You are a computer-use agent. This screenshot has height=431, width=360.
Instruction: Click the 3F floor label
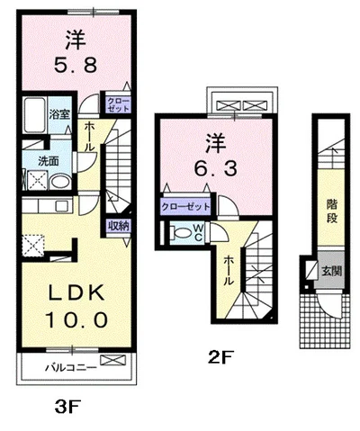(x=68, y=407)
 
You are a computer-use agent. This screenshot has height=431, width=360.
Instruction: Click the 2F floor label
(x=220, y=357)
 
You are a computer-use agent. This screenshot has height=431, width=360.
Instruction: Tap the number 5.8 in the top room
(x=76, y=65)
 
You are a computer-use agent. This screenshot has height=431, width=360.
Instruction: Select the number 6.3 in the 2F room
(x=216, y=168)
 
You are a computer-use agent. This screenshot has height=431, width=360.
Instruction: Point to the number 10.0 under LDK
(x=76, y=319)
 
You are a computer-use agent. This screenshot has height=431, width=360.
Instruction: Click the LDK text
(x=76, y=292)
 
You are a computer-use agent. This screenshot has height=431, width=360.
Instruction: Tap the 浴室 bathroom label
(x=59, y=114)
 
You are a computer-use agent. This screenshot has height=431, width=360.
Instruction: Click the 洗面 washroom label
(x=48, y=162)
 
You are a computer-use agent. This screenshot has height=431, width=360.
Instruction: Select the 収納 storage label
(x=119, y=226)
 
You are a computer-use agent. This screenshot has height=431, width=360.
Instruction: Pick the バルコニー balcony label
(x=71, y=367)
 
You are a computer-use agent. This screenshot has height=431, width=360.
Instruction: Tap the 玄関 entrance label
(x=332, y=271)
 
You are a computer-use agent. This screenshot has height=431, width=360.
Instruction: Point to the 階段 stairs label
(x=332, y=211)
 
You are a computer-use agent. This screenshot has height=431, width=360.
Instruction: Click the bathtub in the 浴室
(x=35, y=115)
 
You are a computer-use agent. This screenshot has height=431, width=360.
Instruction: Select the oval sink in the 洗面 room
(x=60, y=182)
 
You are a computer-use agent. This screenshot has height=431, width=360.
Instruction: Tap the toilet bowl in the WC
(x=182, y=233)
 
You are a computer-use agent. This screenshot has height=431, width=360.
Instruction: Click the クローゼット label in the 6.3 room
(x=185, y=207)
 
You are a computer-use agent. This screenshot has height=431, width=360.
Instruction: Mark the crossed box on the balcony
(x=112, y=360)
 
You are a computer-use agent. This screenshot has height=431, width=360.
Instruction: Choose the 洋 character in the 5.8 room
(x=76, y=41)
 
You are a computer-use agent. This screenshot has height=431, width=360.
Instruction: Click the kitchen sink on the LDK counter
(x=64, y=206)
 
